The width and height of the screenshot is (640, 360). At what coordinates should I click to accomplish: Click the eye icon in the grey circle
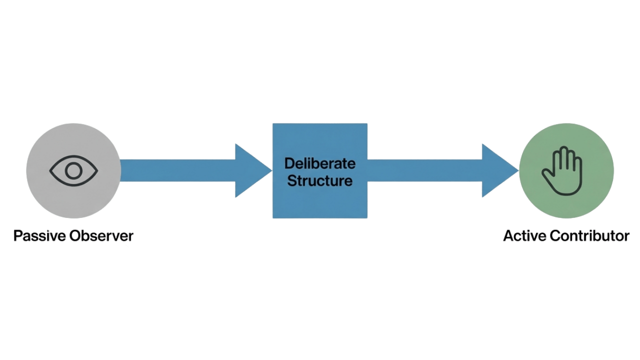[x=73, y=171]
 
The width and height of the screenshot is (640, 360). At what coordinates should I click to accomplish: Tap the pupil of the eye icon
[x=73, y=171]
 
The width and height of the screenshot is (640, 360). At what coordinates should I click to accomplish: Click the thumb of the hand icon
[x=547, y=176]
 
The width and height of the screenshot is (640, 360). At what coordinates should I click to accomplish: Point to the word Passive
[x=39, y=235]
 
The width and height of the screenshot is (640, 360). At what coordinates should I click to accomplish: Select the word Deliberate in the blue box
[x=320, y=163]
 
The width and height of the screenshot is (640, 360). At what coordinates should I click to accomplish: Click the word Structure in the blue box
[x=320, y=180]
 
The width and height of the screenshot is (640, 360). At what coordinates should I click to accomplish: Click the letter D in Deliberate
[x=288, y=163]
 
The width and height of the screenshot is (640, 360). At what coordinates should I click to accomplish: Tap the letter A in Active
[x=509, y=235]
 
